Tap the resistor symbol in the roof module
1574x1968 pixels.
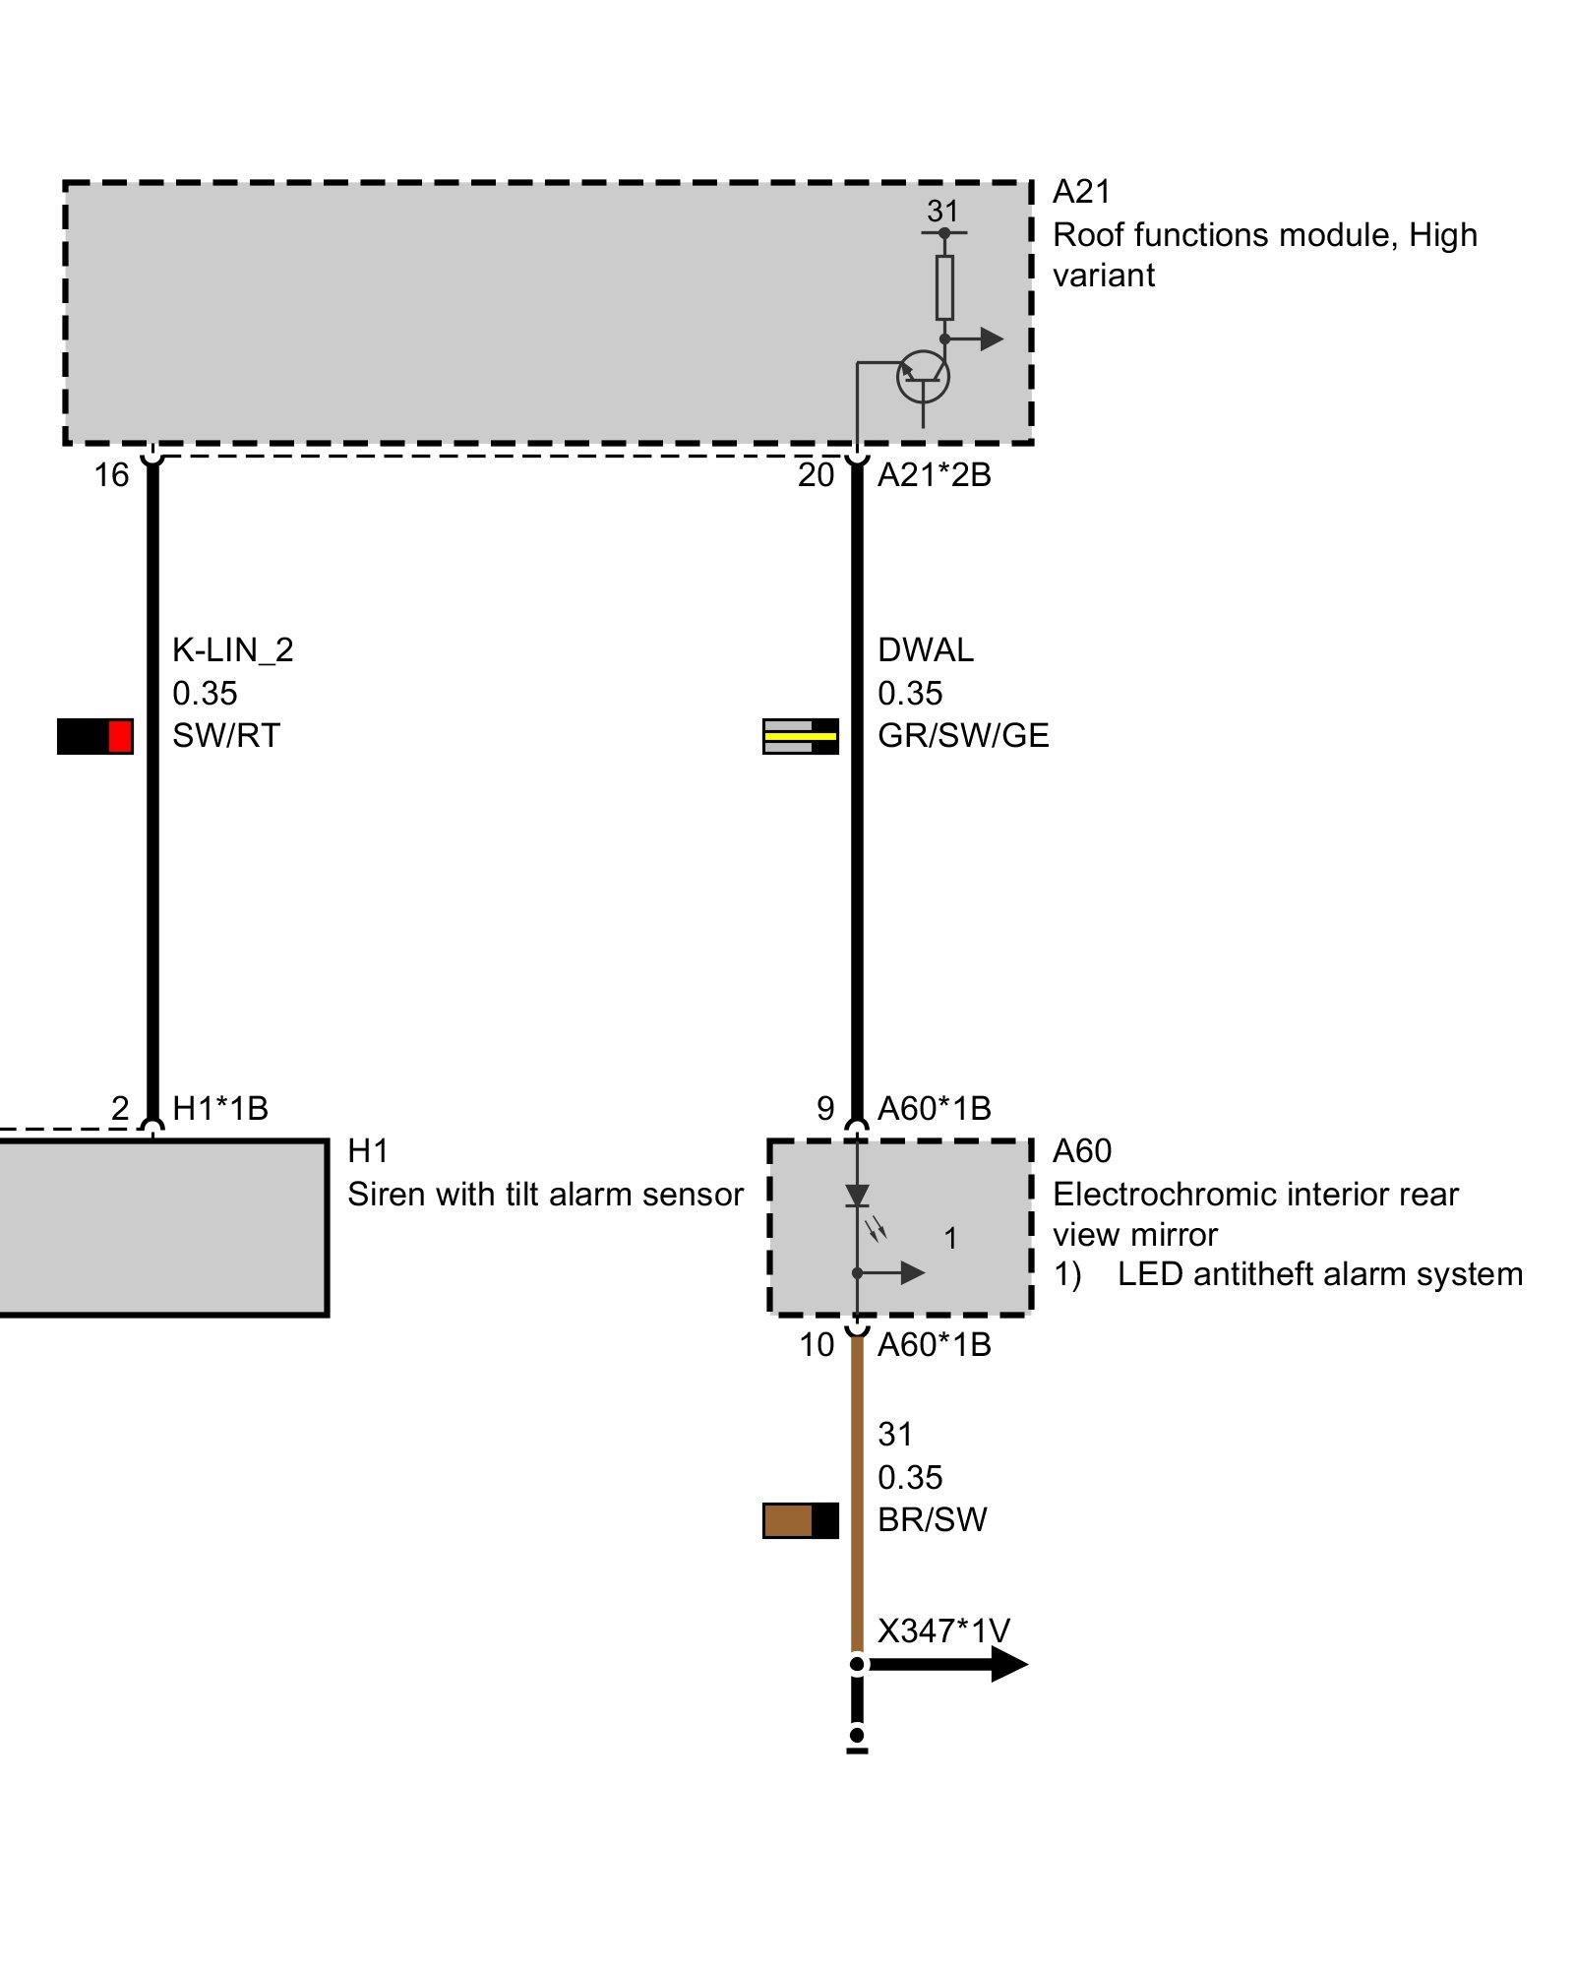(x=944, y=287)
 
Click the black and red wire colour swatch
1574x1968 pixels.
(x=94, y=736)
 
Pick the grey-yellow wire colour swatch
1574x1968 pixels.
(x=800, y=736)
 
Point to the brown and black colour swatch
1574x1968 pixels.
(x=800, y=1520)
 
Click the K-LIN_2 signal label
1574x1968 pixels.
(x=232, y=650)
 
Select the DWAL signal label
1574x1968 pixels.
(x=925, y=650)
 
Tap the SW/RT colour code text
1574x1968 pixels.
(x=226, y=736)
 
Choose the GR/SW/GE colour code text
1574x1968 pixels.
(x=963, y=736)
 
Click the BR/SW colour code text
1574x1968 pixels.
(x=932, y=1520)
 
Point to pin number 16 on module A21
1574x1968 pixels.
(x=111, y=475)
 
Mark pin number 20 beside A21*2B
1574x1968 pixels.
(x=816, y=475)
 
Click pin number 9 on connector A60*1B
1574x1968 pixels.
(x=825, y=1109)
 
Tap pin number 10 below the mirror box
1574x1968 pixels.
(x=817, y=1345)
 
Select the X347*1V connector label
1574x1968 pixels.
(x=942, y=1631)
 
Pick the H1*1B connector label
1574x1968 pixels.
(x=220, y=1109)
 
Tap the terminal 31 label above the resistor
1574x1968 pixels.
(x=942, y=211)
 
